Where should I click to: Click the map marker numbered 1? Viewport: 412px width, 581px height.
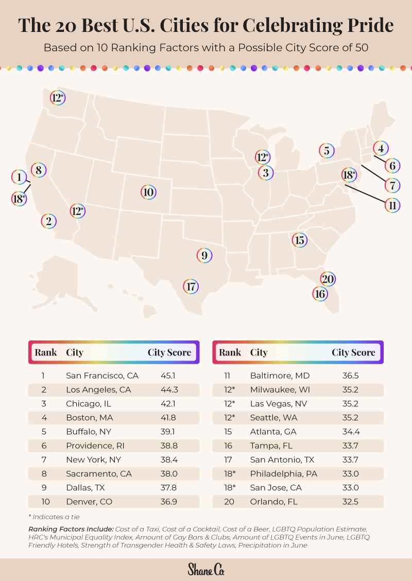click(x=19, y=177)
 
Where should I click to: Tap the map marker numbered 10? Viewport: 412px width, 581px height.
click(x=148, y=193)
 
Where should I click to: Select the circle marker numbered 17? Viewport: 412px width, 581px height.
click(x=191, y=286)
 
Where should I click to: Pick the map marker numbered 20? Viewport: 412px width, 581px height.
click(x=328, y=279)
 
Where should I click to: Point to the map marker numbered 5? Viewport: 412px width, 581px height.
click(x=327, y=150)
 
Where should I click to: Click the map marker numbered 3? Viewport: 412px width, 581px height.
click(x=266, y=173)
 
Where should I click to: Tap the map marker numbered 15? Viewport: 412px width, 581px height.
click(x=299, y=240)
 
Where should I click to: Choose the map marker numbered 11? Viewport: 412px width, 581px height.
click(x=392, y=205)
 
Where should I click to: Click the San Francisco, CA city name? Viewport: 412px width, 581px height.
click(x=102, y=375)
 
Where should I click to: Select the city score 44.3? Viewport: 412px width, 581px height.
click(x=169, y=389)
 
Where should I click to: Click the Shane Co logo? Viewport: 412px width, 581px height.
click(x=206, y=570)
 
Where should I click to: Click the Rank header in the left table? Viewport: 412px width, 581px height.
click(x=46, y=353)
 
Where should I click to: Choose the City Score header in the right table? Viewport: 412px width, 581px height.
click(x=353, y=353)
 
